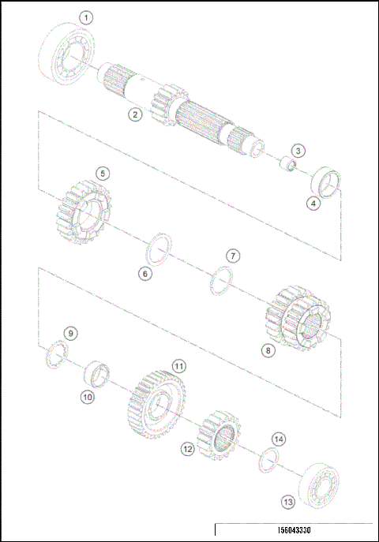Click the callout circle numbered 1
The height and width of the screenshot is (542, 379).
click(x=86, y=17)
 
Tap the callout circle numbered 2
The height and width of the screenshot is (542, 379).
click(x=136, y=115)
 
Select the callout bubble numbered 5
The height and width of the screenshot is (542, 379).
click(x=102, y=172)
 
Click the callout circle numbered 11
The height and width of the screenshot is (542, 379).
click(x=179, y=366)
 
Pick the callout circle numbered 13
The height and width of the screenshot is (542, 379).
click(x=288, y=501)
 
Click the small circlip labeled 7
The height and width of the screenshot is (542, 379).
click(x=222, y=278)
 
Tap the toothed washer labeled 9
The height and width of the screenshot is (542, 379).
click(x=59, y=351)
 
